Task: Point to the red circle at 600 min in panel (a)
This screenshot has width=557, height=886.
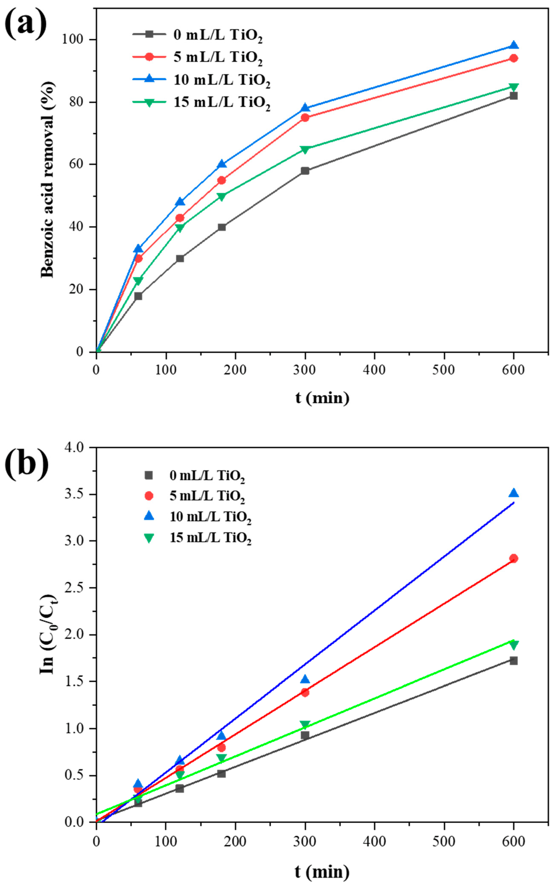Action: click(x=514, y=58)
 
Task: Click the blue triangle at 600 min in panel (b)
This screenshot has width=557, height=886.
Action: click(x=514, y=493)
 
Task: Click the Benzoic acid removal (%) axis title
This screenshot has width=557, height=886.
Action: click(x=48, y=179)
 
